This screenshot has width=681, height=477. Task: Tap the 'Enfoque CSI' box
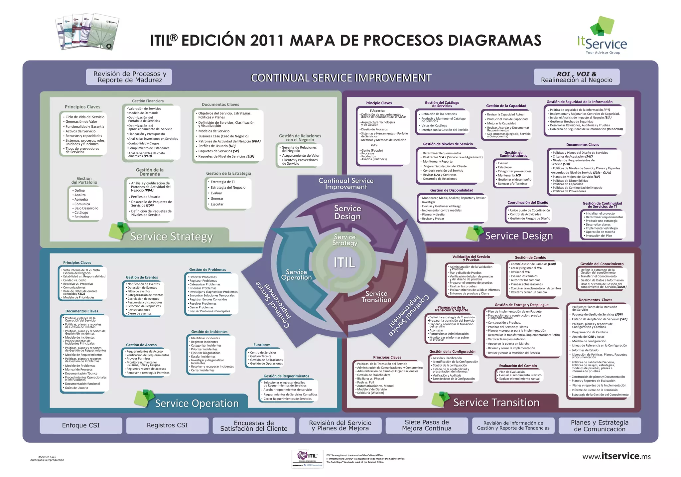click(81, 425)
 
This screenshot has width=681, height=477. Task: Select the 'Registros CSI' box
click(167, 425)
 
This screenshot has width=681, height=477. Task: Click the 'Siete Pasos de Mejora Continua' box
click(427, 425)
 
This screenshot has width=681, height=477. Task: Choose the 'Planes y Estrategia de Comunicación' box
click(600, 426)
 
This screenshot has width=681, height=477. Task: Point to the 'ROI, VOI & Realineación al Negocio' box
click(577, 77)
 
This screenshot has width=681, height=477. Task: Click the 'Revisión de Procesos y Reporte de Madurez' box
click(130, 77)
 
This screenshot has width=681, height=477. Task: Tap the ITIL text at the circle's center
click(344, 262)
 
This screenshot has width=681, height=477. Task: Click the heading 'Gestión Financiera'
click(148, 101)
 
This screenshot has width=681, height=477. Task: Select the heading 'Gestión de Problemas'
click(207, 270)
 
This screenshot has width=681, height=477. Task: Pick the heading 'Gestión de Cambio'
click(530, 257)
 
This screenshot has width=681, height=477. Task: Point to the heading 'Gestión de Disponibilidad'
click(452, 190)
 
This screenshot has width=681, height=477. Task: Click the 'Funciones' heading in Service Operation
click(262, 345)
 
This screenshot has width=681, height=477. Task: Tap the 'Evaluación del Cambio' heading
click(518, 366)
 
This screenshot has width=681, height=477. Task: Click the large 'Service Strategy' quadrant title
click(171, 237)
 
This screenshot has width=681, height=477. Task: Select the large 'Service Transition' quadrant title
click(496, 402)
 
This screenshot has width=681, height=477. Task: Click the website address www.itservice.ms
click(616, 456)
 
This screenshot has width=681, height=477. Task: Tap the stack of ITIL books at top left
click(87, 32)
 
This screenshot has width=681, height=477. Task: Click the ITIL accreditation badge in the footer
click(307, 459)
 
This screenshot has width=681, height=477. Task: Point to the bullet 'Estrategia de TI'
click(222, 182)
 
